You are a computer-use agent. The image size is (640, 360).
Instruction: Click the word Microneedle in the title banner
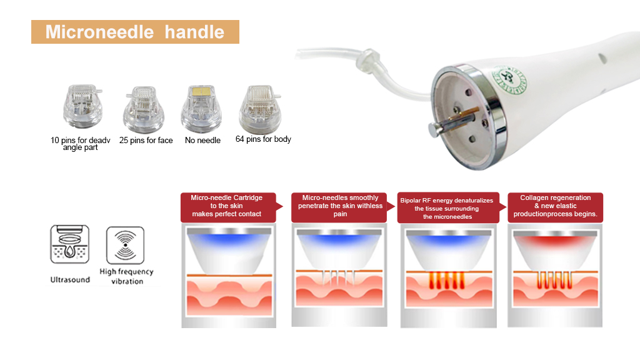pyautogui.click(x=99, y=32)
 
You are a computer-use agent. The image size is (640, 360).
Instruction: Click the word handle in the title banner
pyautogui.click(x=194, y=32)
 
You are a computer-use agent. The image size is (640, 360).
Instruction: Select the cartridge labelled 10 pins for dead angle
pyautogui.click(x=82, y=106)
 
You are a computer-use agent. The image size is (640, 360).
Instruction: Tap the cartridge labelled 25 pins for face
pyautogui.click(x=144, y=109)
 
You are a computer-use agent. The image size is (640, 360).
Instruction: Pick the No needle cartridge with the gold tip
pyautogui.click(x=201, y=108)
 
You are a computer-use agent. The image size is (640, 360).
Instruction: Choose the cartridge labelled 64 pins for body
pyautogui.click(x=261, y=109)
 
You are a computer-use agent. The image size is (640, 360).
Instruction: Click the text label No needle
pyautogui.click(x=202, y=141)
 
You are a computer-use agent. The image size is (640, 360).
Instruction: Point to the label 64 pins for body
pyautogui.click(x=263, y=139)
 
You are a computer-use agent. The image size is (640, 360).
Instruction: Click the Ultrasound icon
pyautogui.click(x=70, y=244)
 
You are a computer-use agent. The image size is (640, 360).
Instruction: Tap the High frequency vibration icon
pyautogui.click(x=125, y=245)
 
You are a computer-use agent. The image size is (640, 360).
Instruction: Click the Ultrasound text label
pyautogui.click(x=70, y=279)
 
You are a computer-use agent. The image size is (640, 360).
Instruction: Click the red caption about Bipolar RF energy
pyautogui.click(x=448, y=207)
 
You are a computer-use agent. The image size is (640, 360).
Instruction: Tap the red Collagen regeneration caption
pyautogui.click(x=555, y=206)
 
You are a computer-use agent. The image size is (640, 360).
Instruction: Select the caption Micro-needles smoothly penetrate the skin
pyautogui.click(x=339, y=206)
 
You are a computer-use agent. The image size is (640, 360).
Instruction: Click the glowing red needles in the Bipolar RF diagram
pyautogui.click(x=446, y=281)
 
